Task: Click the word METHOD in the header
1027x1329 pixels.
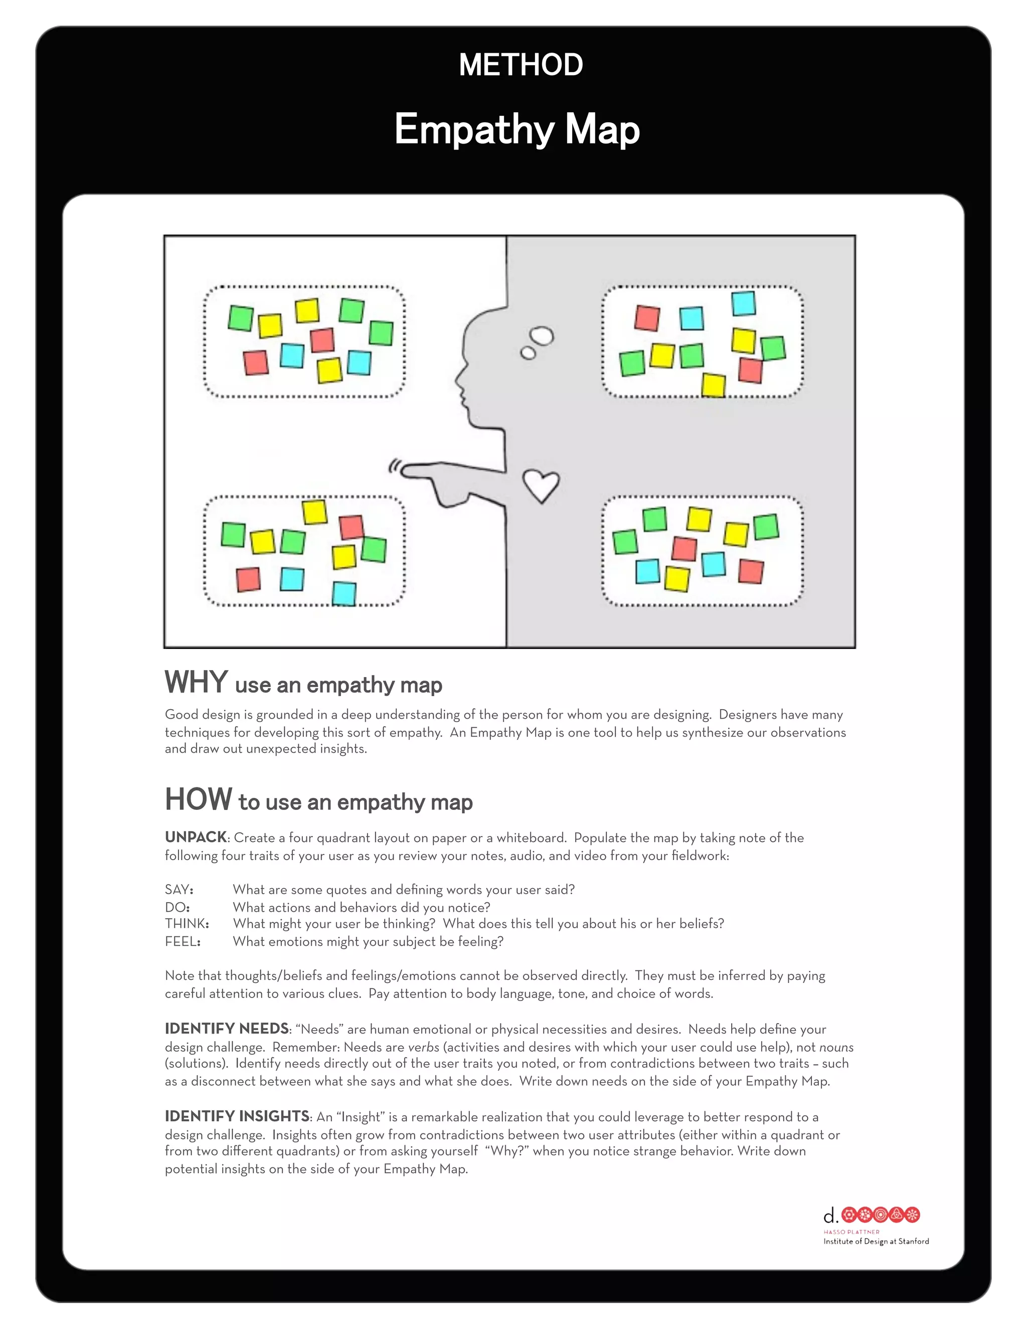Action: [521, 65]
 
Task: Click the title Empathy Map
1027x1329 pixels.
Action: [517, 129]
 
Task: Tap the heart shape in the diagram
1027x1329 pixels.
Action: [541, 485]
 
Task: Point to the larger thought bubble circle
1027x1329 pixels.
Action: [542, 336]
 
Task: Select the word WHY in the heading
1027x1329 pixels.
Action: [196, 682]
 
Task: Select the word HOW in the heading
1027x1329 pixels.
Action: [199, 799]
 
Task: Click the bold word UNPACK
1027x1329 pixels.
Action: [195, 838]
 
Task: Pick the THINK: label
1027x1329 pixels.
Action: [187, 924]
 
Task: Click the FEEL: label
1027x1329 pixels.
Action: [183, 941]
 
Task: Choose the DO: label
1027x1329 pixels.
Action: [177, 907]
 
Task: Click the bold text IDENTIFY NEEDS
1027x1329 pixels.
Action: [226, 1029]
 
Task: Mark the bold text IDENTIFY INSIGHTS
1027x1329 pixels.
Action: [237, 1116]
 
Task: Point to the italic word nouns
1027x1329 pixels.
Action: [836, 1047]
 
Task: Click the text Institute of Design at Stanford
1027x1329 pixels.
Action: [876, 1241]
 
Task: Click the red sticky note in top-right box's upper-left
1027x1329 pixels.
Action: [647, 318]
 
